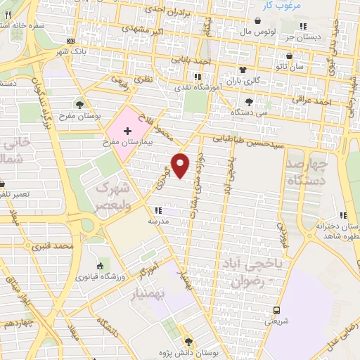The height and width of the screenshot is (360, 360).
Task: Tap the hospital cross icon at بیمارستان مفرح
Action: point(127,131)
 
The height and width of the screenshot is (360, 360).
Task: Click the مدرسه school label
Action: point(157,221)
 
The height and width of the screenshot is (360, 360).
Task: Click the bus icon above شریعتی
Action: point(277,309)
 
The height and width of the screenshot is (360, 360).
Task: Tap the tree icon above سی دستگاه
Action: point(249,103)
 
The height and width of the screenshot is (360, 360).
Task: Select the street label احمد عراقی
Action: point(312,102)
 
